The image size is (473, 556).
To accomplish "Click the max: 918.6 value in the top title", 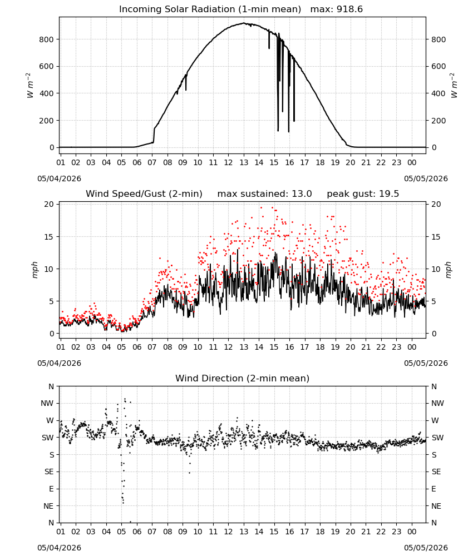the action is pos(337,9).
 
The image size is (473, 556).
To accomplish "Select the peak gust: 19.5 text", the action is pos(363,194).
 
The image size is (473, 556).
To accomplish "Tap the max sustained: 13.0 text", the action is pos(264,194).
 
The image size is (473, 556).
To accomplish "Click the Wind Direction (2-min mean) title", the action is pos(243,378).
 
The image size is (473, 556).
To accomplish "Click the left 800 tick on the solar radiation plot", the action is pos(46,39).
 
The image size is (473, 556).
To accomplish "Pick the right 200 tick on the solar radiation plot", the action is pos(438,121).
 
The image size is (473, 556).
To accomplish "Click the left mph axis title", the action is pos(35,270).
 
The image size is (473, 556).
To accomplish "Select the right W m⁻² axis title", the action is pos(454,86).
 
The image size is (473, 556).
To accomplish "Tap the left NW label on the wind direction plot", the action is pos(47,403).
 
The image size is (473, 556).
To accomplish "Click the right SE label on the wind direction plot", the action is pos(436,471).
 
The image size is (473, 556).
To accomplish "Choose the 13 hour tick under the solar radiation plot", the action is pos(244,162).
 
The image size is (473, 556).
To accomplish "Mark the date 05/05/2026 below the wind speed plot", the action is pos(426,363).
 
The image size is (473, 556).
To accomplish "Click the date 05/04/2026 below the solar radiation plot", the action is pos(59,178).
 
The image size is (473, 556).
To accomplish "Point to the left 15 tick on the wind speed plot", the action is pos(49,236).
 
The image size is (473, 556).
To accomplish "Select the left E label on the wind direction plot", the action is pos(51,489).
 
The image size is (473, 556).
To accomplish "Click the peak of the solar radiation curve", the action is pos(244,23).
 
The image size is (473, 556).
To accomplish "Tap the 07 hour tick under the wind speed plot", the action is pos(152,347).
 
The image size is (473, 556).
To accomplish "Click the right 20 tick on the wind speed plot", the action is pos(436,204).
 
